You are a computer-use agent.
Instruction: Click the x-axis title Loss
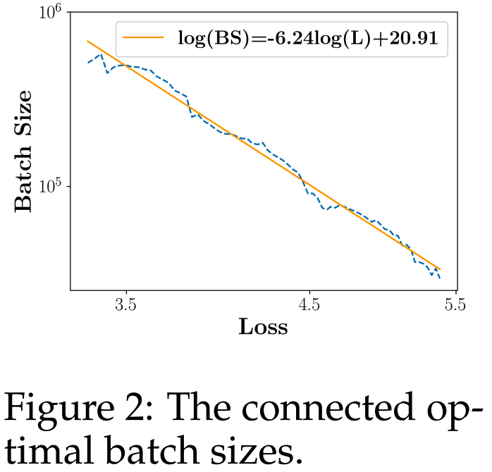click(x=263, y=327)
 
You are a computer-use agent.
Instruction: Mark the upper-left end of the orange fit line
click(x=87, y=41)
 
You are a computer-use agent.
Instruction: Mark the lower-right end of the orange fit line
click(x=441, y=268)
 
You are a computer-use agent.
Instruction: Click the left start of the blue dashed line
click(x=87, y=63)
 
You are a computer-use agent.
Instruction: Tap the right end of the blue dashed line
click(x=440, y=278)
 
